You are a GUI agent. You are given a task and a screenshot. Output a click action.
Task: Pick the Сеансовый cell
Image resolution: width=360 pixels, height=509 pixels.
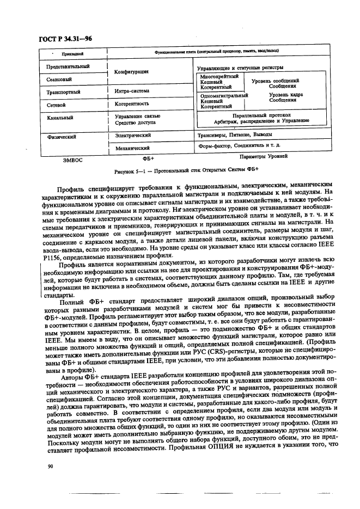60,79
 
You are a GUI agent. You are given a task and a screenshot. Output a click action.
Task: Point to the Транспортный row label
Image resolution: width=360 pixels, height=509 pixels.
64,92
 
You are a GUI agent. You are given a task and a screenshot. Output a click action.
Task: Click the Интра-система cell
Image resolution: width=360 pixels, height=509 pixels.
132,91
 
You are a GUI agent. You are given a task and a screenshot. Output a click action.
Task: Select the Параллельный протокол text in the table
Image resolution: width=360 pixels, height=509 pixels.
261,115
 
